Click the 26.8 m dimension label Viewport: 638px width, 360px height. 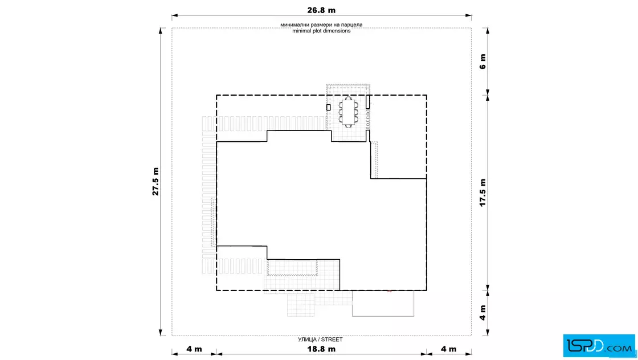click(x=321, y=10)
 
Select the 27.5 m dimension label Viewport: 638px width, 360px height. click(x=156, y=181)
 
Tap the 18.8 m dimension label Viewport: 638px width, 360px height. click(x=321, y=349)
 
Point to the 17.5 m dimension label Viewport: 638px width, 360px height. click(x=482, y=193)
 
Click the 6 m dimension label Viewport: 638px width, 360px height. click(x=482, y=62)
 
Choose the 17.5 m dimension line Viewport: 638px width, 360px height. click(x=488, y=193)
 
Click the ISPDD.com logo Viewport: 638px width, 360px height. click(x=599, y=346)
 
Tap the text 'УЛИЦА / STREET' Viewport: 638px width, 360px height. click(x=320, y=339)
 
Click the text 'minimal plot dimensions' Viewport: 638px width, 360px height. click(x=321, y=31)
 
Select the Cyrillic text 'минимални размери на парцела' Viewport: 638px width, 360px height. click(x=321, y=25)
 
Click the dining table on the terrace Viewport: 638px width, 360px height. click(x=348, y=112)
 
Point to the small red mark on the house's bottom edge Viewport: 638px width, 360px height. click(x=390, y=291)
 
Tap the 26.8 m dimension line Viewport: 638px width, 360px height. click(x=321, y=16)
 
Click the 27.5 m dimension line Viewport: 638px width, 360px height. click(x=162, y=181)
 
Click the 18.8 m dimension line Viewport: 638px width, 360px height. click(x=321, y=354)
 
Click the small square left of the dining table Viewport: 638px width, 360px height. click(x=328, y=108)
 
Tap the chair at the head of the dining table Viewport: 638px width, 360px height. click(x=348, y=98)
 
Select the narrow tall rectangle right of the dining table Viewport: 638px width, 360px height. click(x=367, y=102)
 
